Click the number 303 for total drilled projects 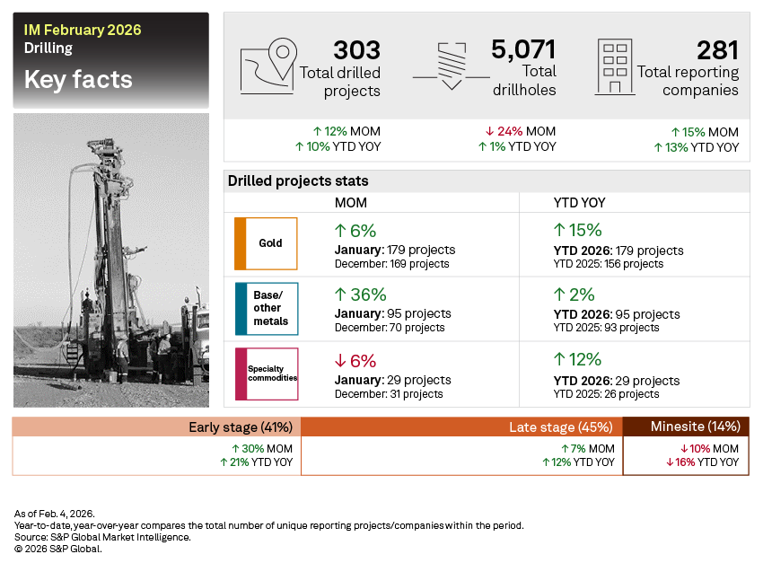coord(356,49)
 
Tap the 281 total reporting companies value coord(717,50)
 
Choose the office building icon coord(615,66)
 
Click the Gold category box coord(266,243)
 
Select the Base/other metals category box coord(266,308)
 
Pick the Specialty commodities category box coord(266,373)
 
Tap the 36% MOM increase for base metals coord(361,295)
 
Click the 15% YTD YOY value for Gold coord(578,230)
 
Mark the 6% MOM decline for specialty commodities coord(355,360)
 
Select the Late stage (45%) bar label coord(560,427)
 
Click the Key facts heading coord(78,80)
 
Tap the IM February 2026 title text coord(83,31)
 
